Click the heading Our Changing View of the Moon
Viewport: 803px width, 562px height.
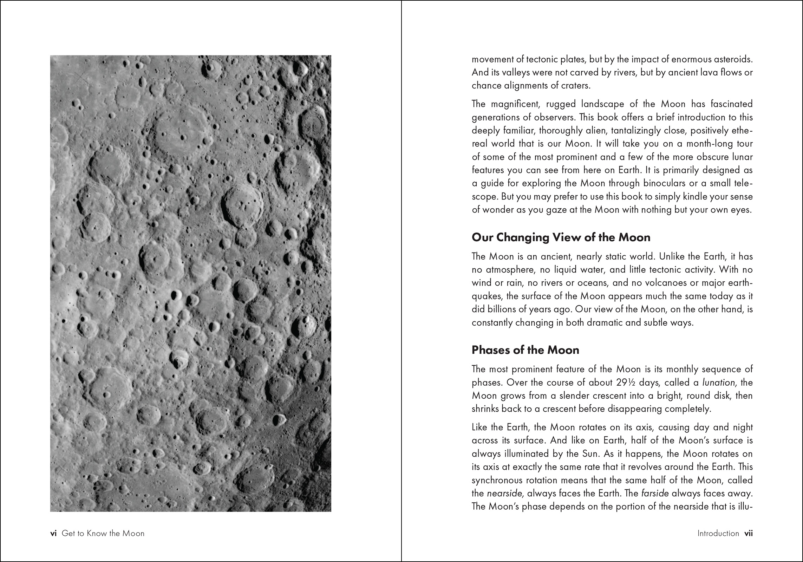point(561,237)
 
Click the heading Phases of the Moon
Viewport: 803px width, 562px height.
point(525,350)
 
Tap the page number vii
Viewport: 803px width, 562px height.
point(749,533)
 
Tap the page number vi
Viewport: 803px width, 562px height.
point(53,533)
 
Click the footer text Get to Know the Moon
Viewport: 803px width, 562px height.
point(103,533)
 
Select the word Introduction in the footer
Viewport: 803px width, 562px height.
point(718,533)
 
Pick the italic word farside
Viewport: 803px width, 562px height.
point(655,493)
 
